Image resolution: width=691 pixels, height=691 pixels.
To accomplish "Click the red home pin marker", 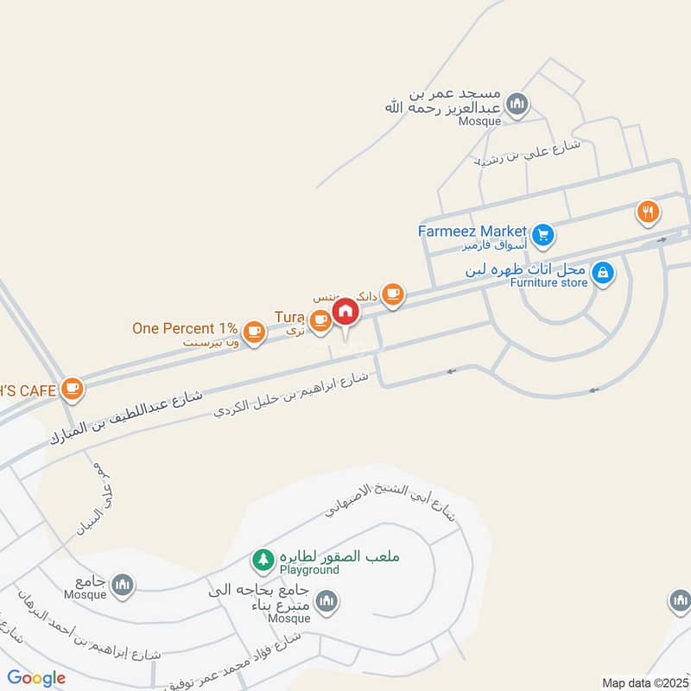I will pos(345,312).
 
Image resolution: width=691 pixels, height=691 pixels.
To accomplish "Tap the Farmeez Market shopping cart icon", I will pos(542,233).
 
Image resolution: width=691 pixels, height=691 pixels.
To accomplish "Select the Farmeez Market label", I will pos(472,231).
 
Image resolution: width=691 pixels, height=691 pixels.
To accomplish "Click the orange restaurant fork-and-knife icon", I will pos(649,210).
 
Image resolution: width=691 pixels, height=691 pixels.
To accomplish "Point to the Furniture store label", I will pos(548,282).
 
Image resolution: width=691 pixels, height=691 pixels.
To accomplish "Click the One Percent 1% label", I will pos(184,328).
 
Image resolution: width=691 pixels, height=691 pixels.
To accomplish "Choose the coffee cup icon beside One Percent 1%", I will pos(253,331).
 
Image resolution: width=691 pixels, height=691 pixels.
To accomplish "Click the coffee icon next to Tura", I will pos(320,320).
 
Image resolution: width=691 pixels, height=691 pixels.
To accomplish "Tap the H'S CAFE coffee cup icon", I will pos(73,390).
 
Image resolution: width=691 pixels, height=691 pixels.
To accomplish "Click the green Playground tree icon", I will pos(262,560).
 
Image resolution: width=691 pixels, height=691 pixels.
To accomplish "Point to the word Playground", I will pos(307,571).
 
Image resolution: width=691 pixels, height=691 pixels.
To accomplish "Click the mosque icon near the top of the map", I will pos(517,105).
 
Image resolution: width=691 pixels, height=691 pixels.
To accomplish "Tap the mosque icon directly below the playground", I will pos(326,601).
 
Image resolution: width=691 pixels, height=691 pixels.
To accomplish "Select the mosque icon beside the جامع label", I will pos(124,585).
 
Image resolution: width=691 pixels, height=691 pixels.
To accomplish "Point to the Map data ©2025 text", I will pos(644,682).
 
